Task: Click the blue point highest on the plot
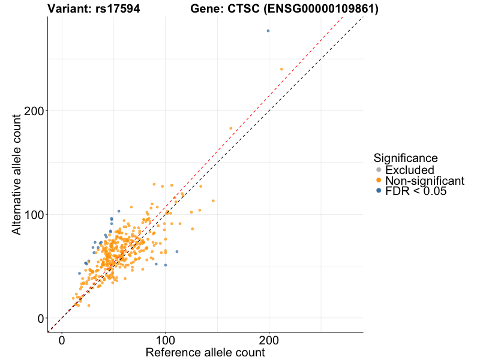click(268, 31)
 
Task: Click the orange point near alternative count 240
click(281, 69)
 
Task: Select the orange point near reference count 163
click(231, 128)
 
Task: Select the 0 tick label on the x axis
click(62, 340)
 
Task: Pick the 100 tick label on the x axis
click(166, 340)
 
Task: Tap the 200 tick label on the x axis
click(269, 340)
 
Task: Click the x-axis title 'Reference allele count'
click(205, 353)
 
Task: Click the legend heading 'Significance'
click(406, 158)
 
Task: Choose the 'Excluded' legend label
click(409, 170)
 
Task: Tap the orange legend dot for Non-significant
click(378, 181)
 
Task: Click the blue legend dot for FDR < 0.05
click(378, 190)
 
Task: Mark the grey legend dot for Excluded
click(378, 170)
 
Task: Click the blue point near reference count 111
click(176, 251)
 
